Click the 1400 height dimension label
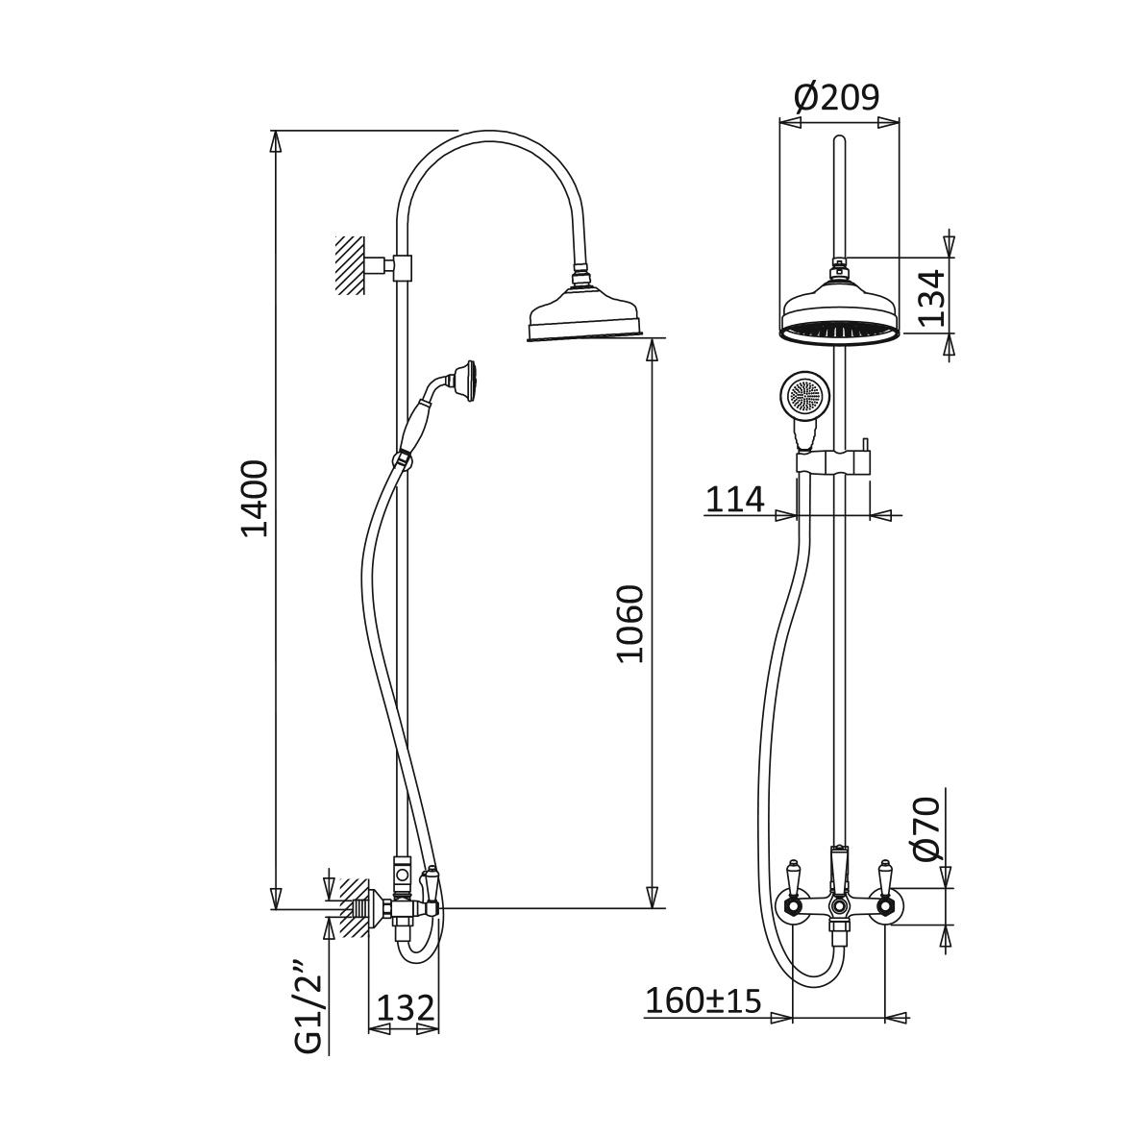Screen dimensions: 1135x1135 (255, 497)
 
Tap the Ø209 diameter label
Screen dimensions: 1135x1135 (837, 96)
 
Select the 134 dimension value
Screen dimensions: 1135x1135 (931, 297)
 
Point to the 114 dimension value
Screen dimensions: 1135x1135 (735, 499)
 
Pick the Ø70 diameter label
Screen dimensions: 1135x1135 (927, 828)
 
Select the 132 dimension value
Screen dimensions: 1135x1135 (406, 1007)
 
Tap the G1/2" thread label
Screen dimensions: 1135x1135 (308, 1007)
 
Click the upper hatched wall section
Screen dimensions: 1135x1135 (351, 265)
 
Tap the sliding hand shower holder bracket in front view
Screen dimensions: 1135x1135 (834, 462)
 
